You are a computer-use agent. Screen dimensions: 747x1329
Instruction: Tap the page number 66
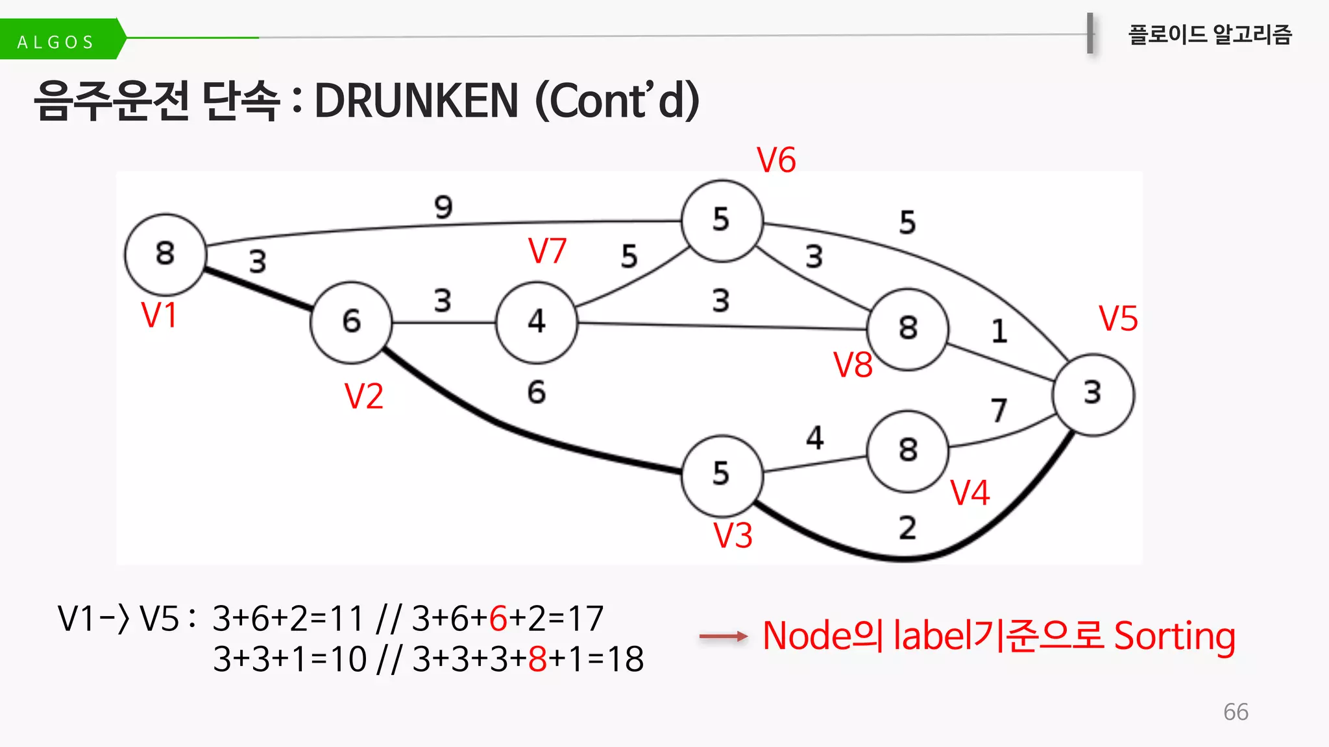(x=1236, y=712)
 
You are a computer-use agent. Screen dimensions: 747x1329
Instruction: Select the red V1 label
(x=159, y=316)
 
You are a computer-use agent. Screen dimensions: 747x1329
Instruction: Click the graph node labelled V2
(x=351, y=322)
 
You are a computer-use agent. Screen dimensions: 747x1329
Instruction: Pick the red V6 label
(x=776, y=160)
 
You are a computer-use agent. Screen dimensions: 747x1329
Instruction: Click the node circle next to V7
(x=536, y=322)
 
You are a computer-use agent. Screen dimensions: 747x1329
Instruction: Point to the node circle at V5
(x=1093, y=394)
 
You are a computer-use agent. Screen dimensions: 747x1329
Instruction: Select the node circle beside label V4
(x=908, y=451)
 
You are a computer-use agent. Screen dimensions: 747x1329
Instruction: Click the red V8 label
(x=853, y=365)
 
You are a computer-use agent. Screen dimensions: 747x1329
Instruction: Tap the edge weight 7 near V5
(x=999, y=410)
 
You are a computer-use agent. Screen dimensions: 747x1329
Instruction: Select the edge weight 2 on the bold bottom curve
(x=907, y=528)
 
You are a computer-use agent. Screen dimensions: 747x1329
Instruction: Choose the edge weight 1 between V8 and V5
(x=999, y=331)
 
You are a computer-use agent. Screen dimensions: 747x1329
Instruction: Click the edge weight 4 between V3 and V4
(x=815, y=438)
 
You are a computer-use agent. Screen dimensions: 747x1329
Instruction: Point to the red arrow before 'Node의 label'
(x=723, y=637)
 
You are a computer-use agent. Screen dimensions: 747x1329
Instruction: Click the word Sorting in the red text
(x=1175, y=637)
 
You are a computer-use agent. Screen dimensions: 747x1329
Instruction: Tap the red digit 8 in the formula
(x=537, y=659)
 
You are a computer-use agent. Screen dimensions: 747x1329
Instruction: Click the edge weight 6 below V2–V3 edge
(x=536, y=392)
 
